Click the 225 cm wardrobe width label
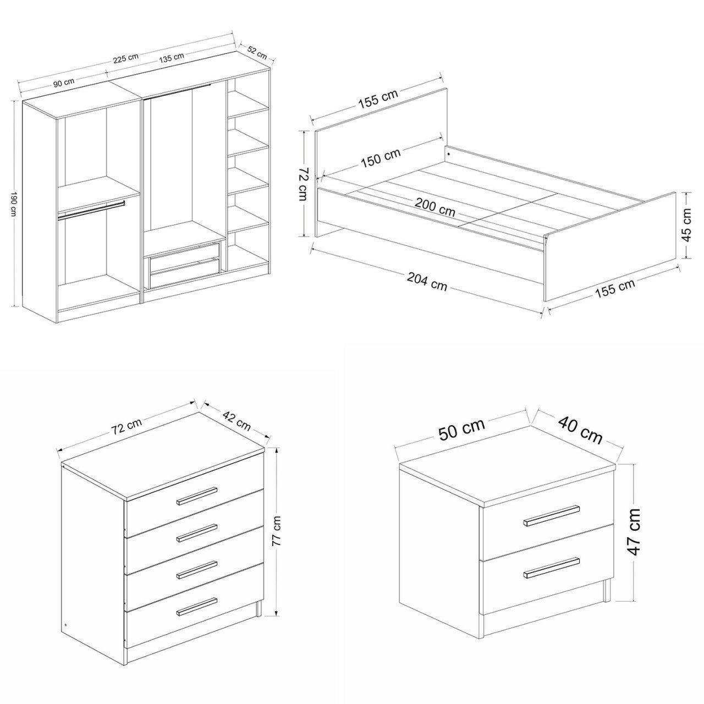[125, 58]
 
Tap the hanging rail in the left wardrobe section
[91, 210]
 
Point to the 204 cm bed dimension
[427, 282]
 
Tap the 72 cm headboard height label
[303, 184]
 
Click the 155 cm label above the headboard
[378, 99]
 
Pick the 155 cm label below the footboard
[615, 289]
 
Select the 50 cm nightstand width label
[462, 430]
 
